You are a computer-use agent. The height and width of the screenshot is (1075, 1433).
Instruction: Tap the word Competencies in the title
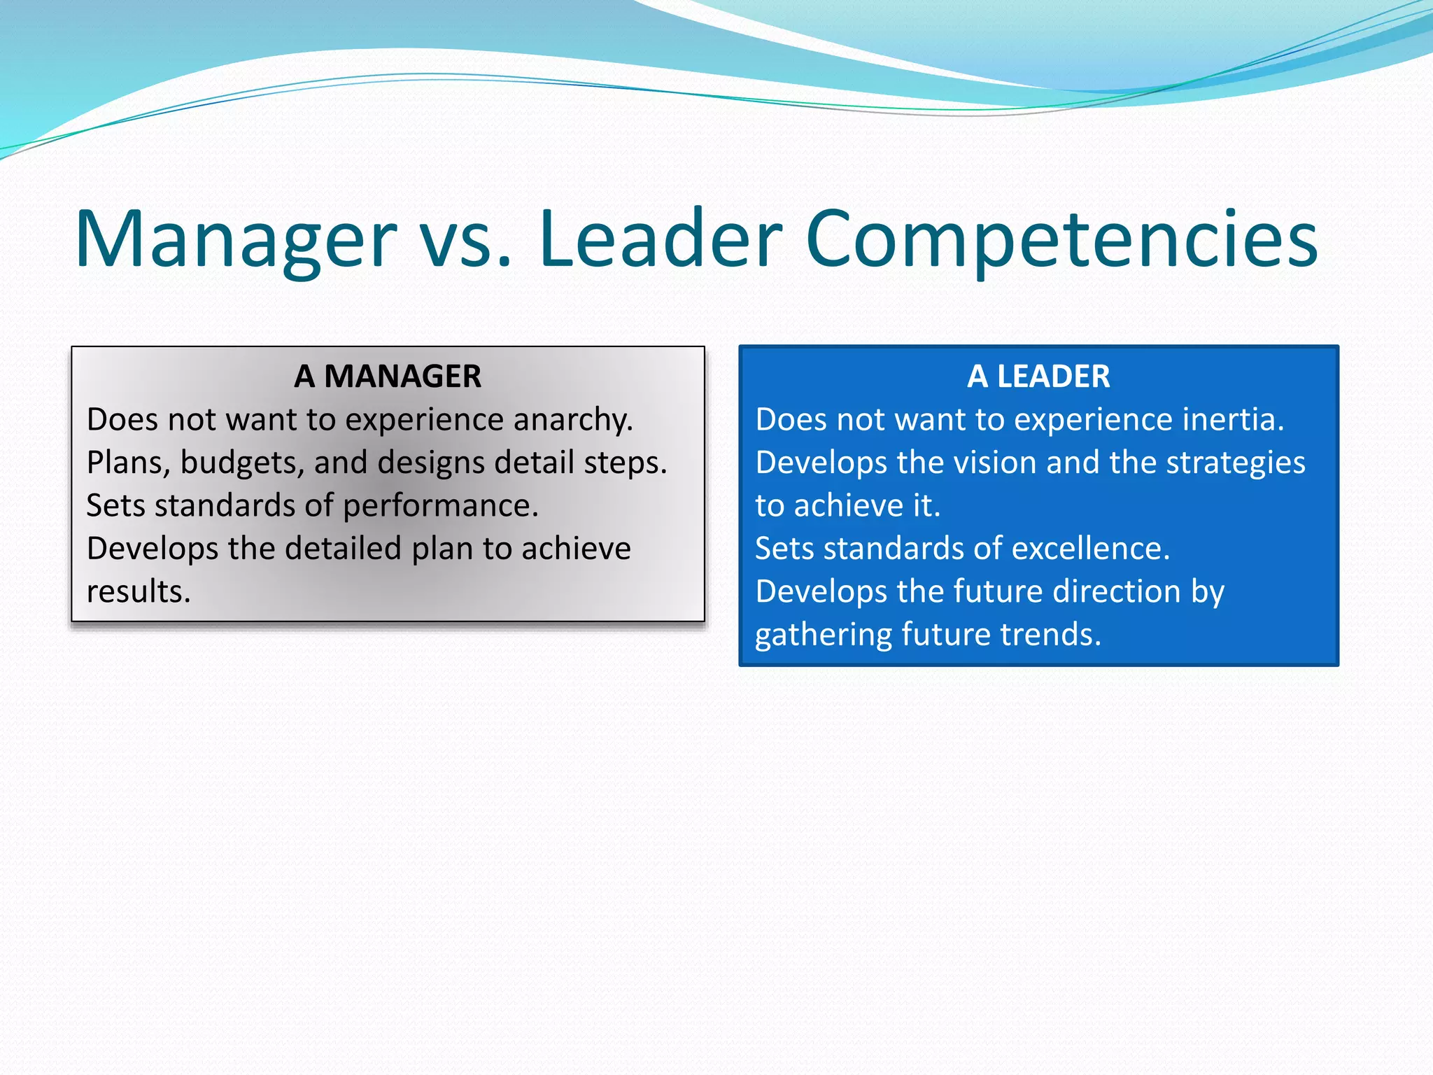coord(1061,239)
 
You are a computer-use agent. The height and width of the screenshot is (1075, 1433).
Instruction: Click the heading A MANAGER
coord(388,377)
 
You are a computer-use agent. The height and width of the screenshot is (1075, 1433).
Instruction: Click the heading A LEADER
coord(1038,377)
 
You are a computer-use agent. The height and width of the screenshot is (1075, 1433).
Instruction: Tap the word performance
coord(441,506)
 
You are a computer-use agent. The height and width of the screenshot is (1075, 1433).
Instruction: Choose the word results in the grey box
coord(139,592)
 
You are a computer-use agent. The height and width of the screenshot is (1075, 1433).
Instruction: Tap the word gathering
coord(823,635)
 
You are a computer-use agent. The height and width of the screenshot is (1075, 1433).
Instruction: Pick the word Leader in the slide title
coord(660,239)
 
